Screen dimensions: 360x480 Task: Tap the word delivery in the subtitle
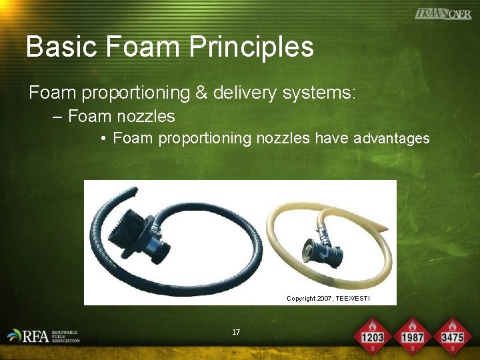click(x=249, y=93)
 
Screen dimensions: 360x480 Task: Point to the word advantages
click(x=391, y=139)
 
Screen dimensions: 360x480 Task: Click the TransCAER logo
click(x=443, y=13)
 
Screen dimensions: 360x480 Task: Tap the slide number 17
click(x=236, y=332)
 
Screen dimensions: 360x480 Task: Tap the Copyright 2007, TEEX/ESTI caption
click(x=328, y=298)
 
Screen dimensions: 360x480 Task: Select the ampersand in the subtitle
click(x=201, y=93)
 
